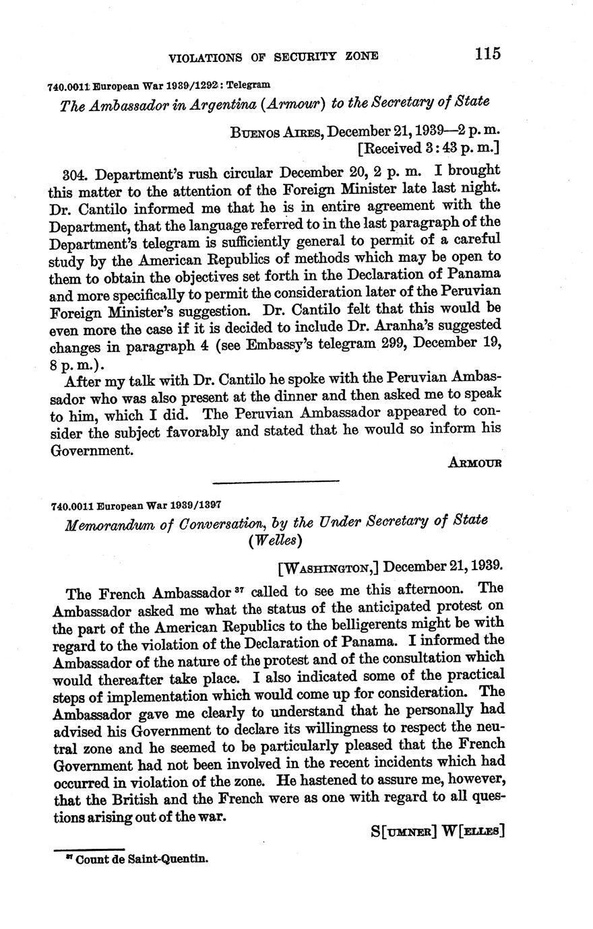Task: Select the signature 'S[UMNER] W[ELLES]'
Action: pos(437,831)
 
